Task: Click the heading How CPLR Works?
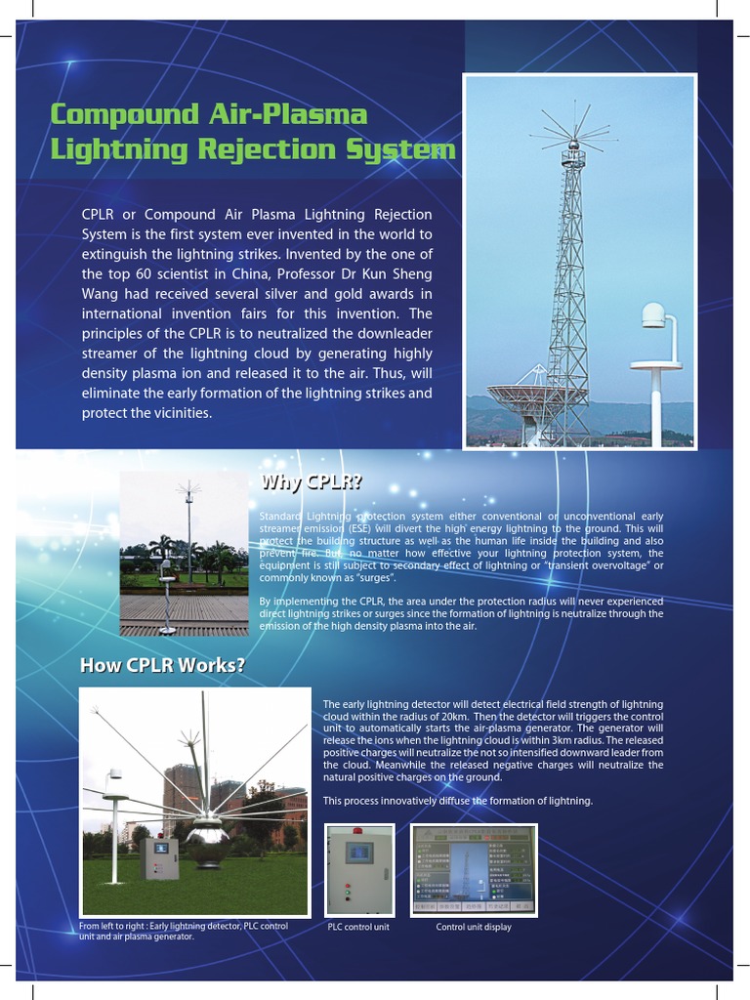pos(162,666)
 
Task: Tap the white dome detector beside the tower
pos(653,316)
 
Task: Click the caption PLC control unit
pos(358,927)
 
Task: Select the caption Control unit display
pos(474,927)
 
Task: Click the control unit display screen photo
pos(474,870)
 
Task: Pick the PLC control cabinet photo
pos(359,870)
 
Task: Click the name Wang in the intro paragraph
pos(102,294)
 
